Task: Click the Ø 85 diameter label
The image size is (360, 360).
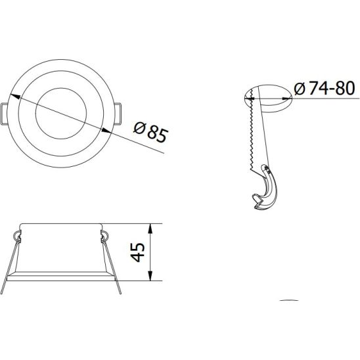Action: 151,133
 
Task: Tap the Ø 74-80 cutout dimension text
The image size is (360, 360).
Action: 325,88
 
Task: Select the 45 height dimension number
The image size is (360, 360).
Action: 138,252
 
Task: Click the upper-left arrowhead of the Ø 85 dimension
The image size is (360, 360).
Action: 14,96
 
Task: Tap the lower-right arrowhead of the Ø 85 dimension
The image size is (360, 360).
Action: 106,131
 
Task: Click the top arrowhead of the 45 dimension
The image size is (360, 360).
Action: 150,229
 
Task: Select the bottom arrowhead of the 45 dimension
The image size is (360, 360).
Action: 150,276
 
